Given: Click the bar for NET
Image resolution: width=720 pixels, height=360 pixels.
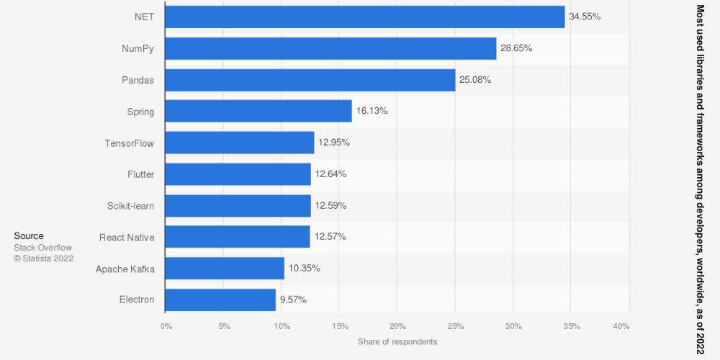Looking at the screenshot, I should pos(364,17).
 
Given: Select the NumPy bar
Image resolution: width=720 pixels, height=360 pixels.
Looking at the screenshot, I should pos(330,48).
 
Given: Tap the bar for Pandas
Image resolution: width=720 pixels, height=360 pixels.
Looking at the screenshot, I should pos(310,80).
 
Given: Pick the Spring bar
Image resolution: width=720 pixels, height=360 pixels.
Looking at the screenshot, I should pos(258,111).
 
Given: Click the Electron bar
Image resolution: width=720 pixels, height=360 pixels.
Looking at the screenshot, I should pos(220,300).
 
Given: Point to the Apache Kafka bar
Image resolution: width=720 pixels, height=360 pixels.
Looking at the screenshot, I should pos(225,268).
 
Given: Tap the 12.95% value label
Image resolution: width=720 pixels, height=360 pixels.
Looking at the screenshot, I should pos(334,143).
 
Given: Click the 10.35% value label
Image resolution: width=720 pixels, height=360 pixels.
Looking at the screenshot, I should pos(305,268).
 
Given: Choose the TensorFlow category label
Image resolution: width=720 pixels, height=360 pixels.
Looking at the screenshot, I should pos(129,143).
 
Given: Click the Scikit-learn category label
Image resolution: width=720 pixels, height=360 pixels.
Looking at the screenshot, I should pos(130,206).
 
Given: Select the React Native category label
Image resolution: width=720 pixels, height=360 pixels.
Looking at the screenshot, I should pos(127,237).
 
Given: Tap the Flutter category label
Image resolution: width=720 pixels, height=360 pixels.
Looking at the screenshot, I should pos(140,174).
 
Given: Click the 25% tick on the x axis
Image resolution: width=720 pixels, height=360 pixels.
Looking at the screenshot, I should pos(455,327).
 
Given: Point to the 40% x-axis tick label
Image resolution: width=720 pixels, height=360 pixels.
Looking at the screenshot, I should pos(621,327).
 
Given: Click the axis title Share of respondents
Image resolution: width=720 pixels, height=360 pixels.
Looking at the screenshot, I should pos(397,341).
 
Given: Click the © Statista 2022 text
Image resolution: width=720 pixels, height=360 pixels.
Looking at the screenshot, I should pos(43,258).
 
